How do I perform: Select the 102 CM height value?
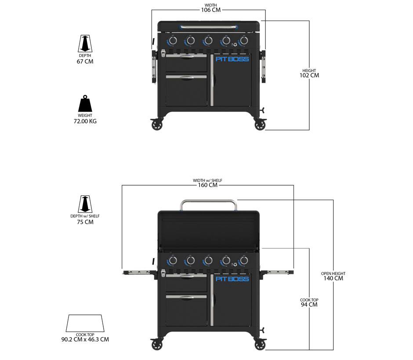[309, 75]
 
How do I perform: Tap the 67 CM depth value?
[85, 61]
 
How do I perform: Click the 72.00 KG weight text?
[85, 121]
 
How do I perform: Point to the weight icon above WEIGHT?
[85, 104]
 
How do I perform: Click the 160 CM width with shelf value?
[207, 185]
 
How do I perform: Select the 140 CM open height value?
[333, 278]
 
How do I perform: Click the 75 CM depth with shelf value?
[85, 222]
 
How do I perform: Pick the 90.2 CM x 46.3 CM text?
[85, 339]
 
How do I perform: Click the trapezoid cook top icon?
[85, 324]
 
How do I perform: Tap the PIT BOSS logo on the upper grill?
[232, 59]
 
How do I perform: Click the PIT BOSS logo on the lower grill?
[232, 279]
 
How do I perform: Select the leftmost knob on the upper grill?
[173, 41]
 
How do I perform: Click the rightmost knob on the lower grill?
[243, 261]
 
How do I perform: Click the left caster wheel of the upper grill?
[157, 125]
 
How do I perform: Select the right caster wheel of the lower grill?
[261, 345]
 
